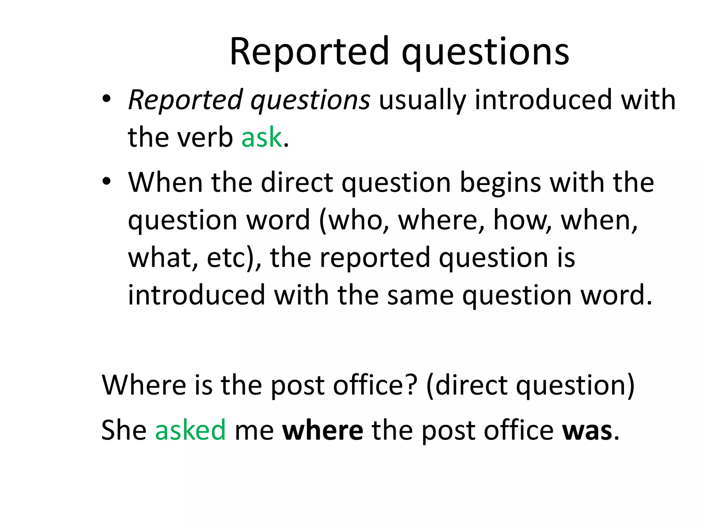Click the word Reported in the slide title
click(309, 52)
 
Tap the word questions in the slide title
click(485, 53)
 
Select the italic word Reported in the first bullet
click(186, 100)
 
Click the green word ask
click(262, 137)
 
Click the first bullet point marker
click(106, 99)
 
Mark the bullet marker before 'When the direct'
click(106, 181)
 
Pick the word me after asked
click(254, 430)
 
